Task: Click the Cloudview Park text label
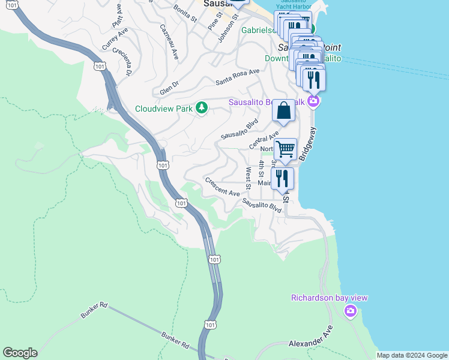(164, 109)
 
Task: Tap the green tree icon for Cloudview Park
(202, 107)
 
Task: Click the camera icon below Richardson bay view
(351, 311)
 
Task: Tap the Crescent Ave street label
(222, 187)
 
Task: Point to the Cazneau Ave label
(169, 41)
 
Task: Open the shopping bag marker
(284, 111)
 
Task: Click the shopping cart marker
(286, 149)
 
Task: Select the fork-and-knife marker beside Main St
(282, 178)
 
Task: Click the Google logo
(20, 353)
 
